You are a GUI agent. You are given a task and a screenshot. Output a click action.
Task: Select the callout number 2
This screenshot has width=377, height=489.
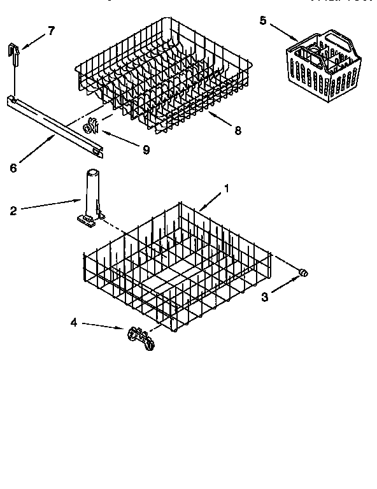click(x=13, y=211)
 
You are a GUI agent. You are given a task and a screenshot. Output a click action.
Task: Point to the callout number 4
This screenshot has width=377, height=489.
click(x=73, y=322)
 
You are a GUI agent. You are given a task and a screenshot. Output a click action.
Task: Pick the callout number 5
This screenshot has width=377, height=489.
click(x=263, y=20)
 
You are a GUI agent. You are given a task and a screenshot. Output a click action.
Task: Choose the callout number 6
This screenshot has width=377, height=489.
click(x=13, y=168)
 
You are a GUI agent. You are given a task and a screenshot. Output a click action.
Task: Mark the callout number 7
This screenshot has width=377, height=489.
click(x=52, y=30)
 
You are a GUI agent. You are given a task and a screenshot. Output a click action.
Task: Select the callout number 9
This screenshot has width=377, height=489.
click(x=146, y=150)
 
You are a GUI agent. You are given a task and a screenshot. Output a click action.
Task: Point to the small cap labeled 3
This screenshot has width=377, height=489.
click(x=304, y=273)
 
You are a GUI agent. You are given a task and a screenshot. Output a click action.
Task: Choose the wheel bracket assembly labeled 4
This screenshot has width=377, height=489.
click(x=141, y=336)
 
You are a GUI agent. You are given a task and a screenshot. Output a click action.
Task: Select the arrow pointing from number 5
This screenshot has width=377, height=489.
click(x=281, y=32)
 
